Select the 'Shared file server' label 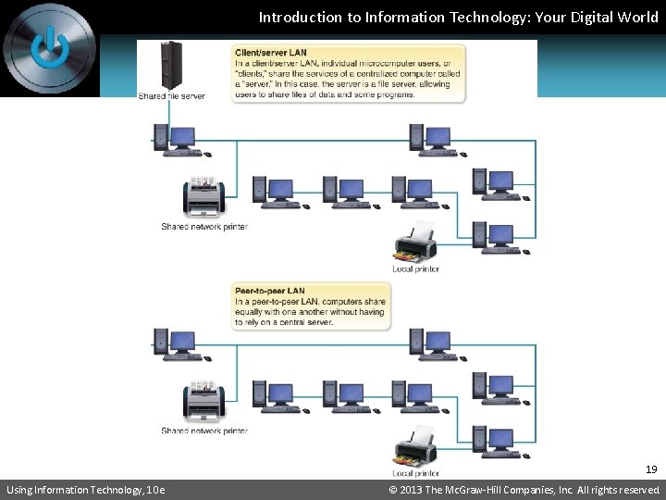[172, 95]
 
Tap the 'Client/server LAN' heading [271, 54]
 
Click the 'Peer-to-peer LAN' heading [270, 292]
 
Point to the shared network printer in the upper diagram [203, 197]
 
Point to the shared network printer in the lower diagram [203, 400]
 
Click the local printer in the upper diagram [415, 243]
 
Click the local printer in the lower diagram [415, 446]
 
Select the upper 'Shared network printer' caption [204, 227]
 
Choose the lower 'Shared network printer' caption [204, 431]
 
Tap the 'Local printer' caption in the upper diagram [415, 269]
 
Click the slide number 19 [651, 469]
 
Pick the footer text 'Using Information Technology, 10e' [85, 490]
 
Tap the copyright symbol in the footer [393, 490]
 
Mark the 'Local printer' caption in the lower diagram [415, 473]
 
